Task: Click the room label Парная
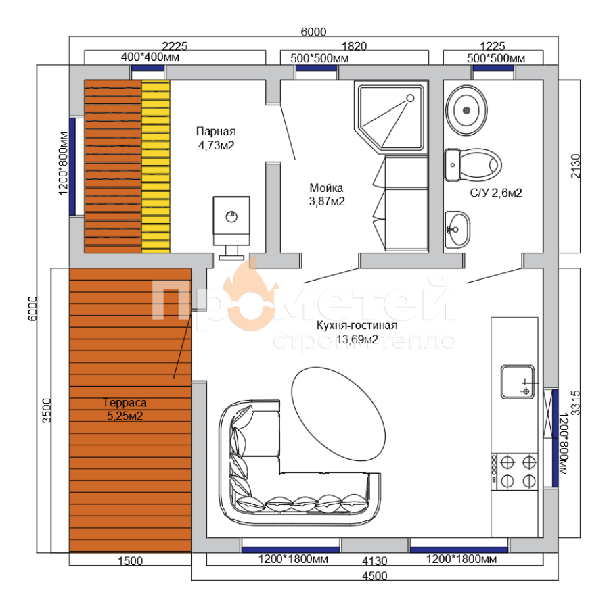coord(216,131)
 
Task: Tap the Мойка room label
coord(326,188)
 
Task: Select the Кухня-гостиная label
coord(357,325)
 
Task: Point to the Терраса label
coord(125,402)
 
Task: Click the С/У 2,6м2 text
coord(496,193)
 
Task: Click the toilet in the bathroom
coord(473,165)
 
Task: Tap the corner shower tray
coord(391,118)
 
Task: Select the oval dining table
coord(338,414)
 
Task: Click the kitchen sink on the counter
coord(518,382)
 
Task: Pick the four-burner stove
coord(514,472)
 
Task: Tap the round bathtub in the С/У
coord(466,110)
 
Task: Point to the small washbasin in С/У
coord(457,230)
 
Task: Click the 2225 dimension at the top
coord(175,46)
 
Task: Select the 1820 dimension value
coord(355,46)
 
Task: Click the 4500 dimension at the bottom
coord(374,576)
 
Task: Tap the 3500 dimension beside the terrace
coord(47,410)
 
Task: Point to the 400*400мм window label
coord(150,57)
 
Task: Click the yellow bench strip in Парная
coord(156,167)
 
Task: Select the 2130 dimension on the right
coord(575,166)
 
